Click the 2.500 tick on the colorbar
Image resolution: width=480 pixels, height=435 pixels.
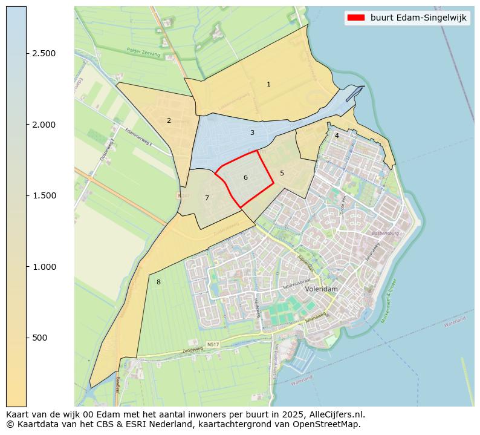coord(27,53)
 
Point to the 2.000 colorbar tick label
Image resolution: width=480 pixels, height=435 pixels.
coord(44,125)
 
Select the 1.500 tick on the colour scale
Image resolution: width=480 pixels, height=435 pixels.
coord(27,195)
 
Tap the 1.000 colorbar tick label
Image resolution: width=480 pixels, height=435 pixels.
coord(44,267)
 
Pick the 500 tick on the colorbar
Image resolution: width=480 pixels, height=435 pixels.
coord(27,338)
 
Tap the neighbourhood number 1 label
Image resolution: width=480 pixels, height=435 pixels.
coord(268,84)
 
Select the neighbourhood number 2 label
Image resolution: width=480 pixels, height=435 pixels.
coord(169,120)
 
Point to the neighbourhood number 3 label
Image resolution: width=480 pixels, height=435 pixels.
coord(252,132)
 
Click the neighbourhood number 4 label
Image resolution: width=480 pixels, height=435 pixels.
coord(337,136)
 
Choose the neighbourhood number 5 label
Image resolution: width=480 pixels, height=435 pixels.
coord(282,173)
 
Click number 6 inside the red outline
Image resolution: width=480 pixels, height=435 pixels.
coord(245,177)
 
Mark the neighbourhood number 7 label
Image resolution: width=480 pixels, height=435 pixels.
coord(207,198)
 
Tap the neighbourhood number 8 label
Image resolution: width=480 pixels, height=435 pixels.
coord(158,282)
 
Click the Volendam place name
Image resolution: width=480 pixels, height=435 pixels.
coord(321,289)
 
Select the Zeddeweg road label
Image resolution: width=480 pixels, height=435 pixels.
coord(186,350)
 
